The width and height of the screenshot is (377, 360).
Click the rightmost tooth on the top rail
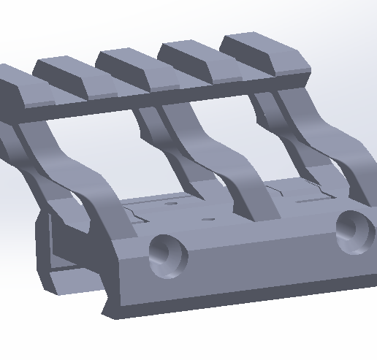click(267, 53)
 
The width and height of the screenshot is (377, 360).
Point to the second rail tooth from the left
click(73, 78)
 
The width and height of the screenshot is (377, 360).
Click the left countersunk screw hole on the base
click(168, 255)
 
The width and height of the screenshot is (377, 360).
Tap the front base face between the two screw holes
click(263, 256)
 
